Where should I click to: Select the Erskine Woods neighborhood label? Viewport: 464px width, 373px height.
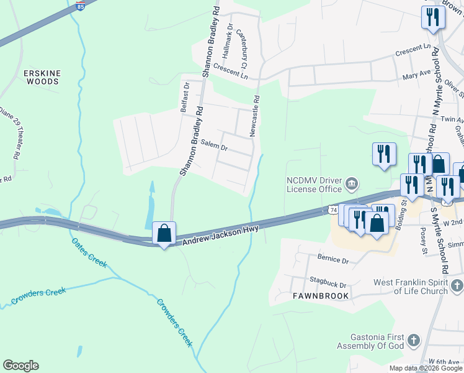pyautogui.click(x=42, y=77)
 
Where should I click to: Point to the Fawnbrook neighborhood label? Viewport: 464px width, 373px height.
pyautogui.click(x=321, y=297)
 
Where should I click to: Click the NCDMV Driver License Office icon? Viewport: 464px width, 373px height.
pyautogui.click(x=352, y=182)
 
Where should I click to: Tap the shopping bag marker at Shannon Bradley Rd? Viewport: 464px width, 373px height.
pyautogui.click(x=164, y=234)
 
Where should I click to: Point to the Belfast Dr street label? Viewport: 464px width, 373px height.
pyautogui.click(x=185, y=96)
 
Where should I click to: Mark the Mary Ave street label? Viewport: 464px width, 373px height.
pyautogui.click(x=416, y=73)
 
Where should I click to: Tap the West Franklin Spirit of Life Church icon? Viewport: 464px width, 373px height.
pyautogui.click(x=457, y=286)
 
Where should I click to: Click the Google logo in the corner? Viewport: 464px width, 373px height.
pyautogui.click(x=20, y=366)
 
